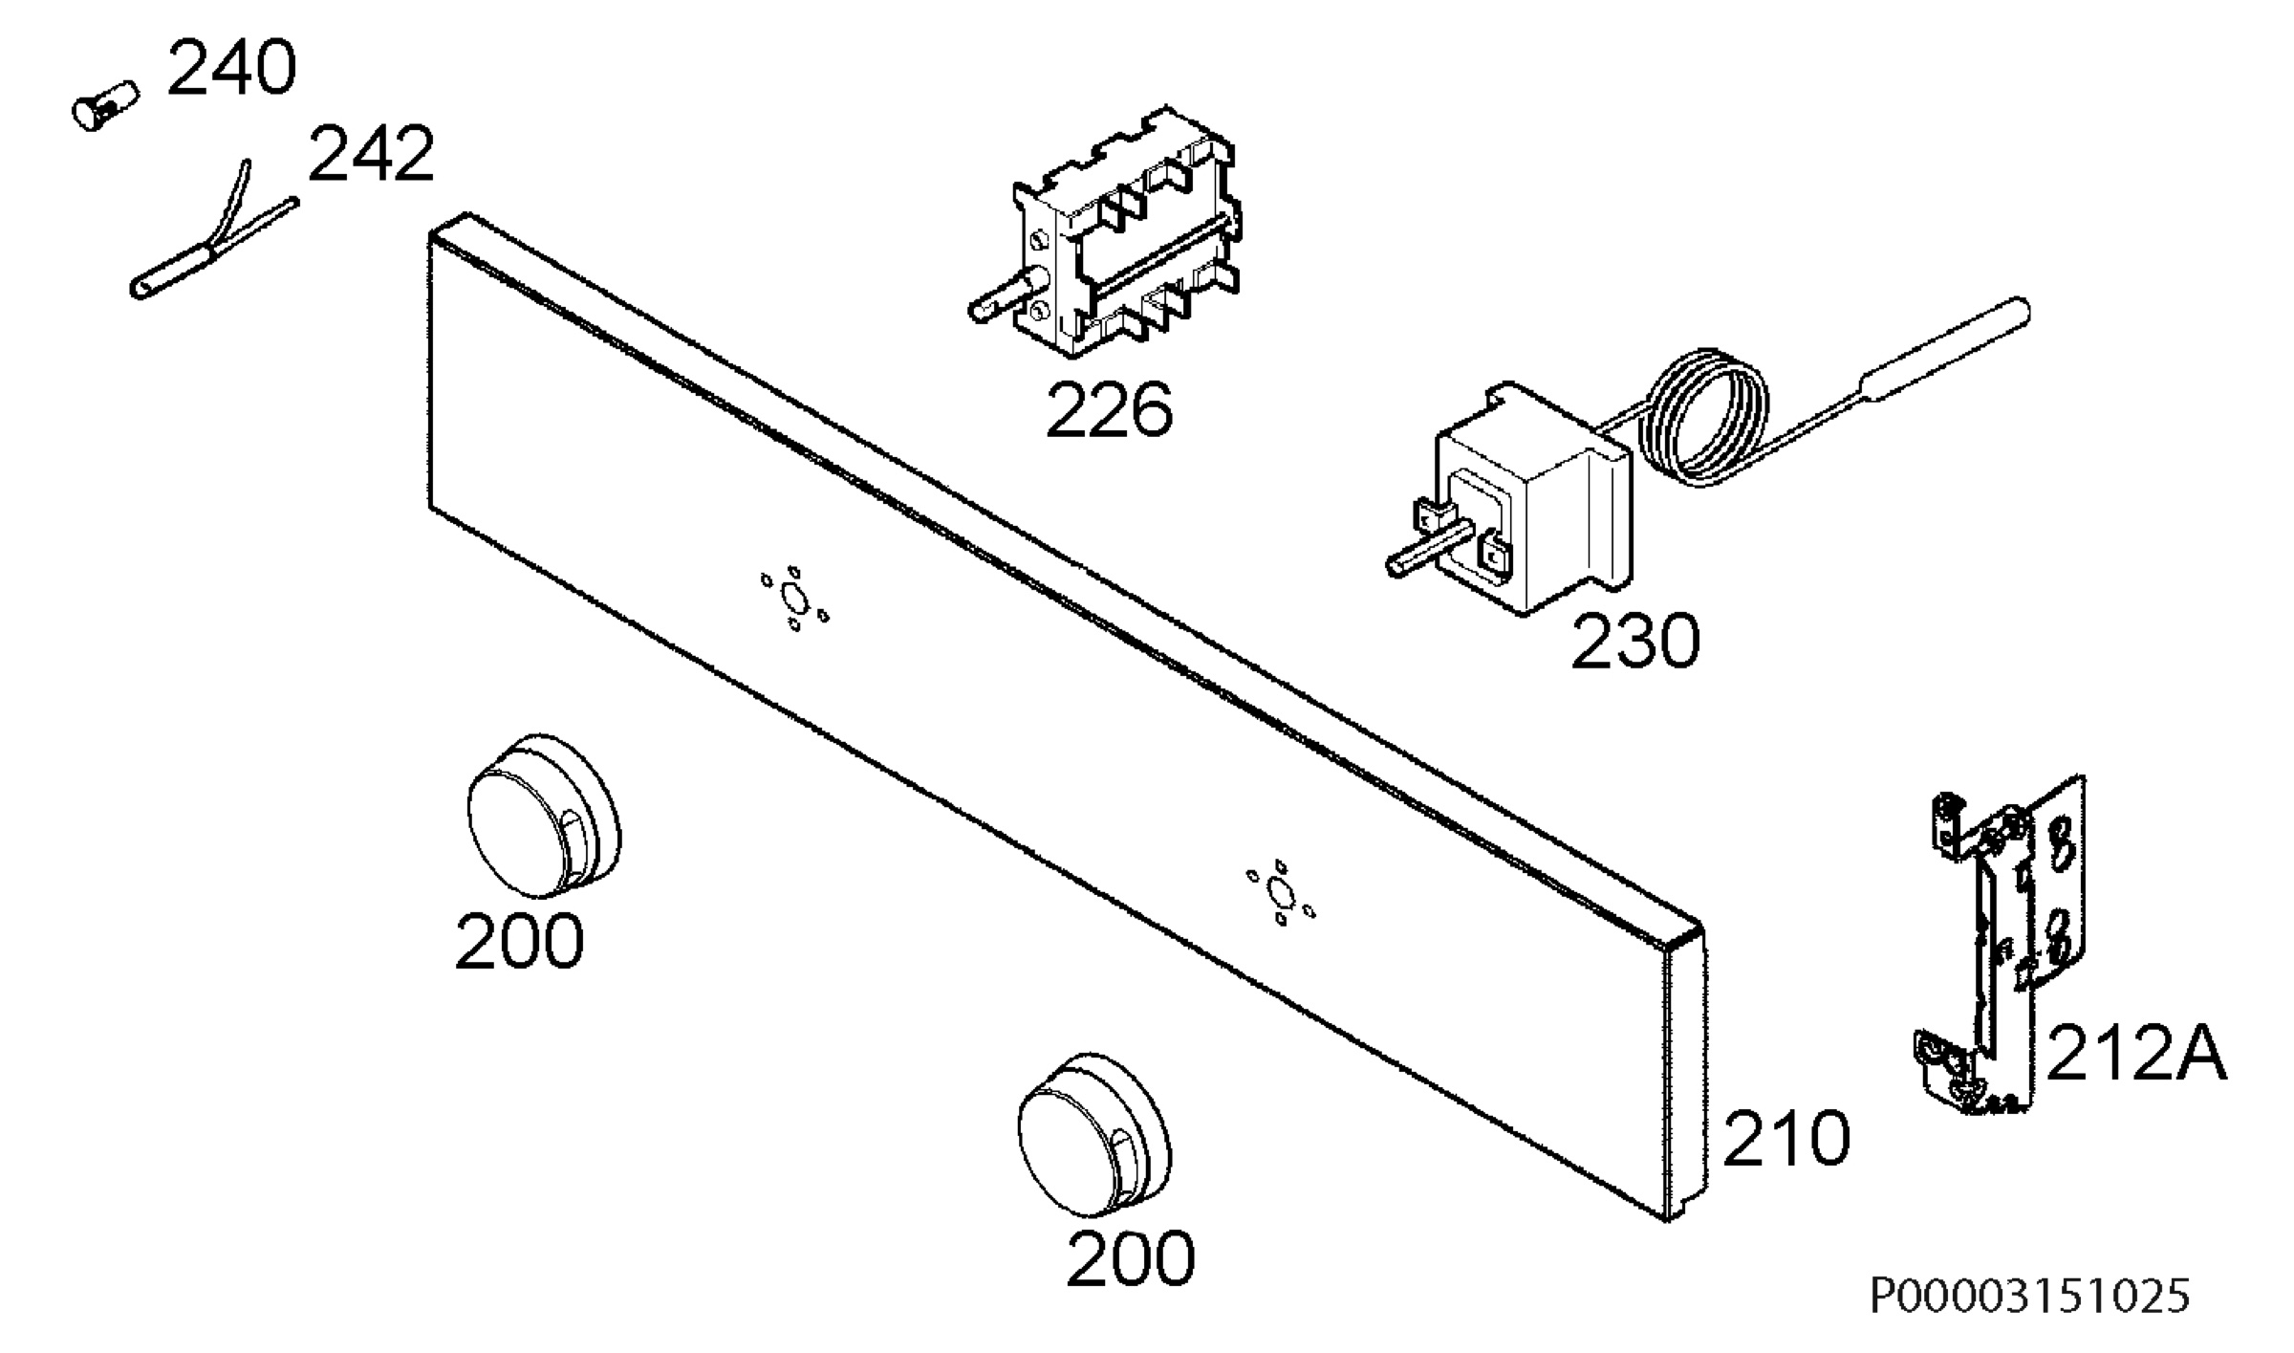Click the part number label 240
pos(231,69)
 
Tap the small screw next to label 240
pos(105,104)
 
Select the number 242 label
pos(371,154)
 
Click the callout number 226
pos(1109,409)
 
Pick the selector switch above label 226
pos(1109,235)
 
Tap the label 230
pos(1635,641)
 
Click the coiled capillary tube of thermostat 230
pos(1701,416)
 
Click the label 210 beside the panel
pos(1786,1138)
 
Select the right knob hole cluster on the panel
pos(1280,893)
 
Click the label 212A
pos(2137,1052)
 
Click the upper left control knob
pos(543,817)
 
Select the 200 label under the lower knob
pos(1131,1258)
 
